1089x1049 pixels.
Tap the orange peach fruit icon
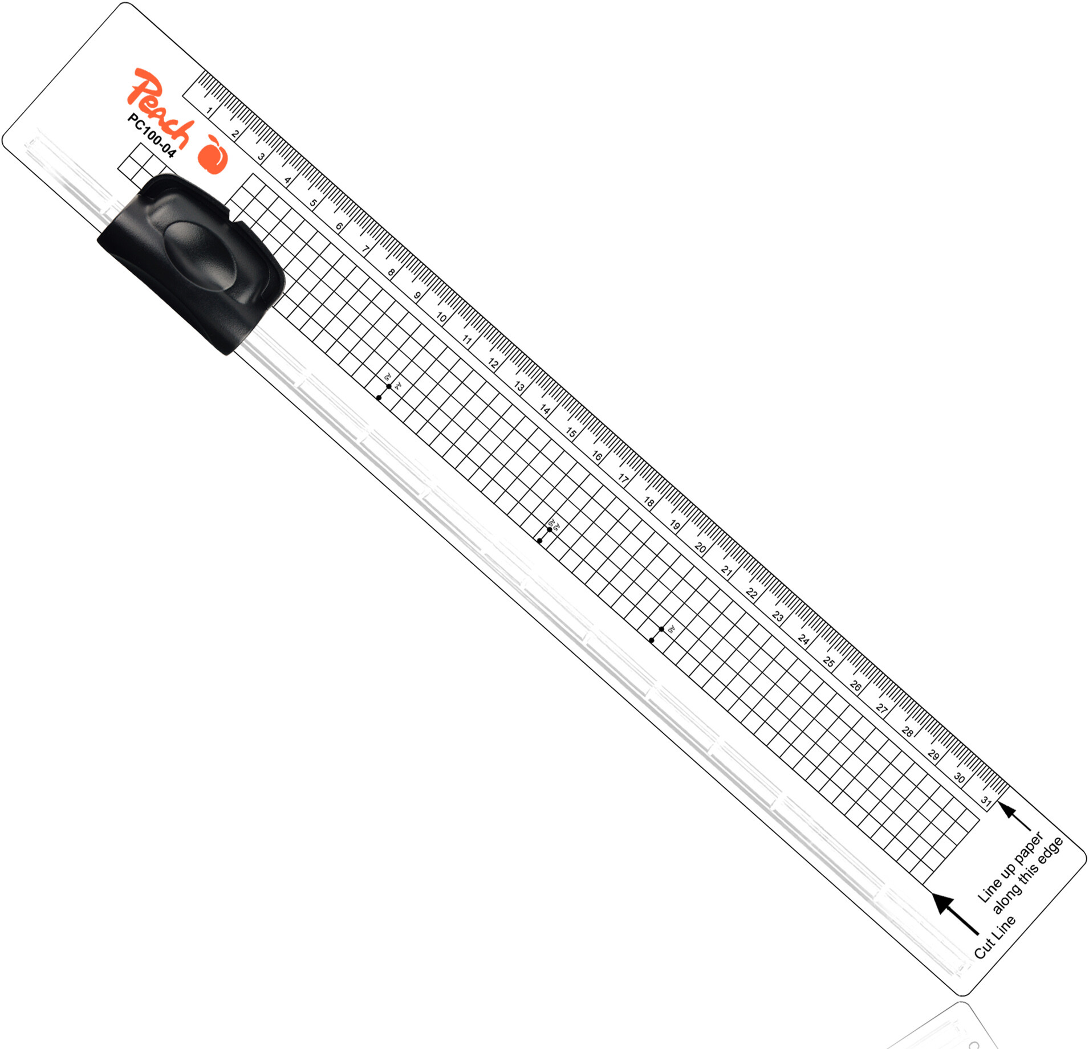[213, 154]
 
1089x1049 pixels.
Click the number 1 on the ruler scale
[210, 111]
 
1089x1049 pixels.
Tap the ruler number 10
[441, 317]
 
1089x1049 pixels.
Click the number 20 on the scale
[700, 548]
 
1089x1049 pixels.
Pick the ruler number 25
[829, 662]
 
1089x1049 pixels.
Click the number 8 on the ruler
[391, 272]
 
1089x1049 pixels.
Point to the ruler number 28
[908, 732]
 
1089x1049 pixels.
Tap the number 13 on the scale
[519, 386]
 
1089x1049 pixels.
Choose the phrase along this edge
[1027, 875]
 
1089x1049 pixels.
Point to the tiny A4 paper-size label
[398, 386]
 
